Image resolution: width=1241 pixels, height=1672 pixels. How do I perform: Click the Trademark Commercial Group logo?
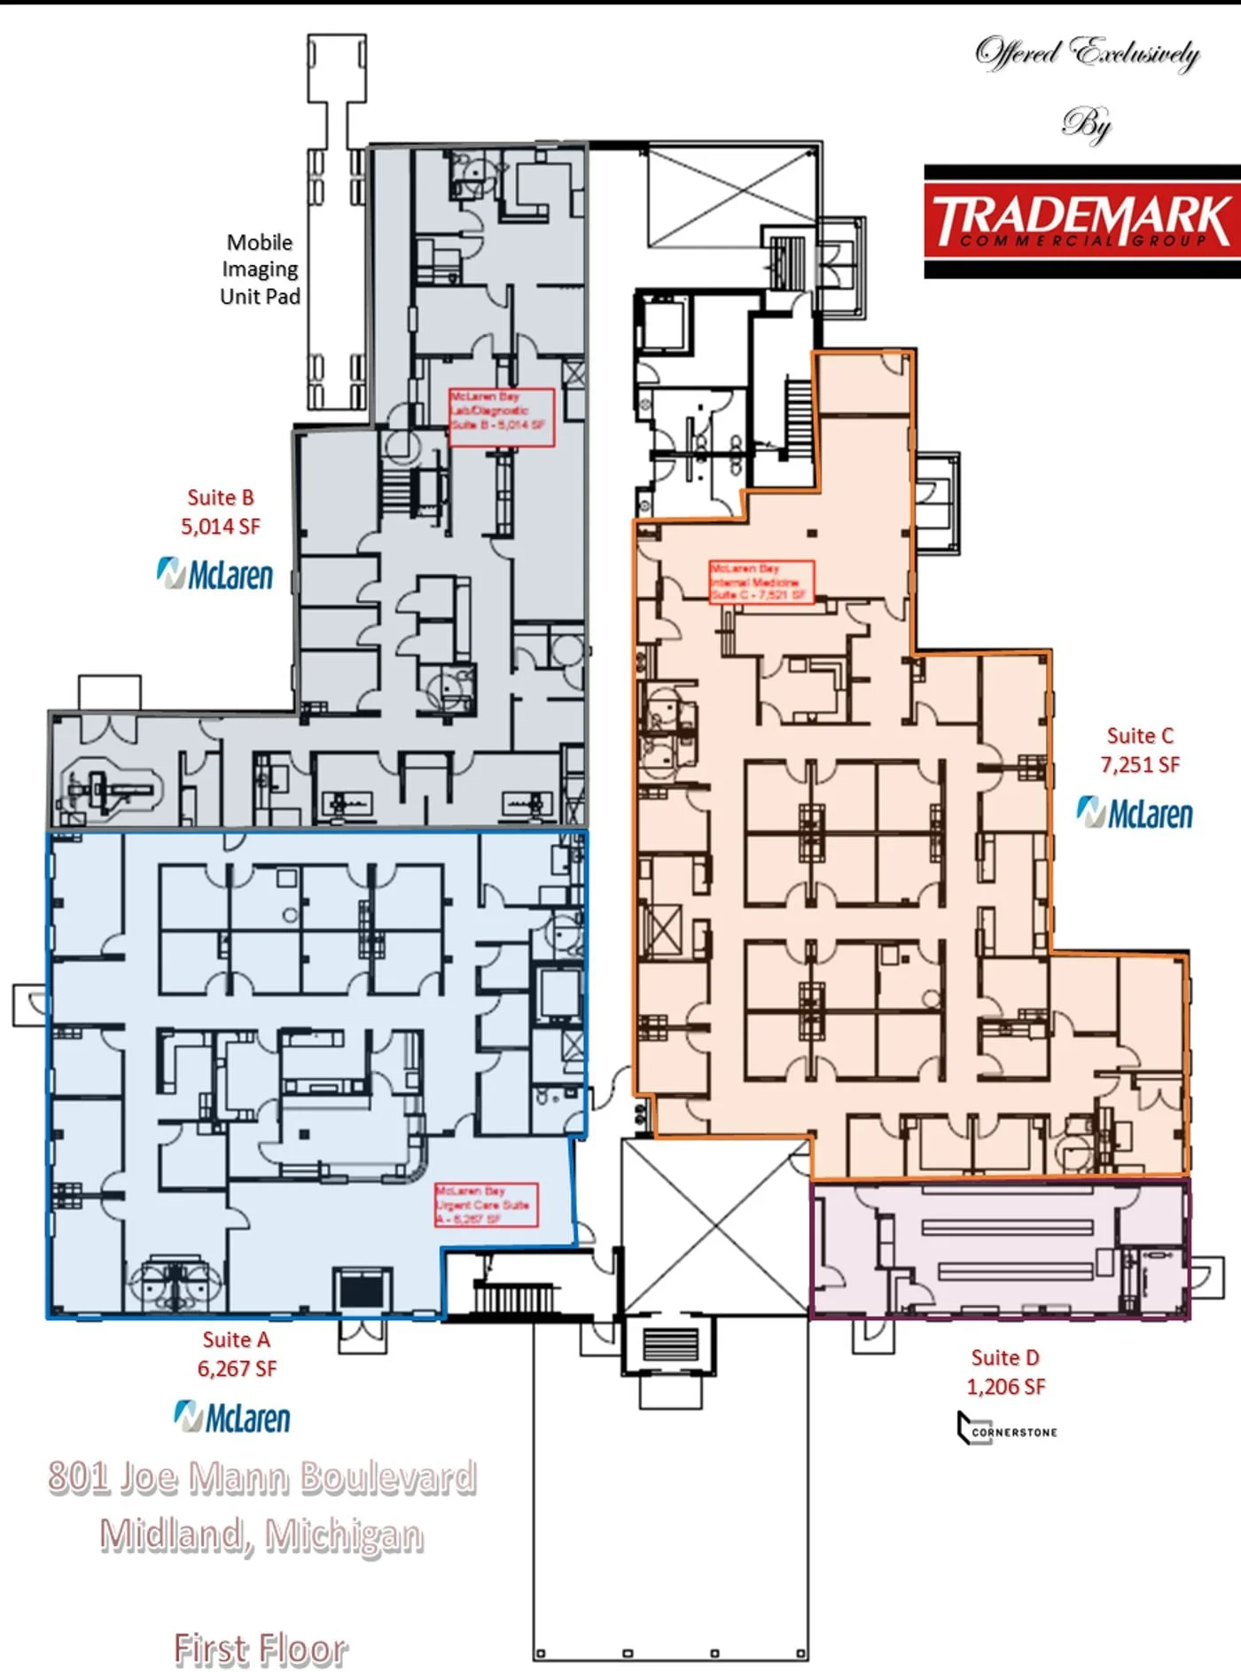coord(1081,222)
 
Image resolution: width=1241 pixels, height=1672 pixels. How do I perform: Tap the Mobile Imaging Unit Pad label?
coord(260,270)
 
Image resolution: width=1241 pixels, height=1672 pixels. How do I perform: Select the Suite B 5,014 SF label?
coord(221,512)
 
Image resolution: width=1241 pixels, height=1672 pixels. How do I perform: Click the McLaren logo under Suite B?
coord(215,574)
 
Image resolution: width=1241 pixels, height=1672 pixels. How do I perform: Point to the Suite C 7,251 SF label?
coord(1140,750)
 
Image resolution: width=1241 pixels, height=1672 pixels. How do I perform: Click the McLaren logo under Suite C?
coord(1135,813)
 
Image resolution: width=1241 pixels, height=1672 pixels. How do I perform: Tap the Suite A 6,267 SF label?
coord(237,1354)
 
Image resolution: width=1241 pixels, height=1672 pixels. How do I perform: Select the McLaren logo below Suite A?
coord(232,1417)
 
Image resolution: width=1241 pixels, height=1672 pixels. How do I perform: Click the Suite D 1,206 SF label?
coord(1005,1371)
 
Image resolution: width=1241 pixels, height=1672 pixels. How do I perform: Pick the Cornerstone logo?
coord(1007,1428)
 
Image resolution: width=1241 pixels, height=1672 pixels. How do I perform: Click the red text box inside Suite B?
coord(502,416)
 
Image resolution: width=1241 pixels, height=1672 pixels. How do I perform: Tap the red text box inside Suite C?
coord(761,582)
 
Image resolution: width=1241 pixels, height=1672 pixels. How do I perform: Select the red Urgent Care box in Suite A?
coord(486,1205)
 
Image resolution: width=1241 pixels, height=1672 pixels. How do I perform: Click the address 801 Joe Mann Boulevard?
coord(262,1478)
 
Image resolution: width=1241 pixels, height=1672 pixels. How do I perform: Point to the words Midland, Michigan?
coord(261,1535)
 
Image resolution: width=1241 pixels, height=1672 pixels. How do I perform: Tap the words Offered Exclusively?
coord(1087,53)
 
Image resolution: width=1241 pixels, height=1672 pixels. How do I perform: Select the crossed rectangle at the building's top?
coord(731,197)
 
